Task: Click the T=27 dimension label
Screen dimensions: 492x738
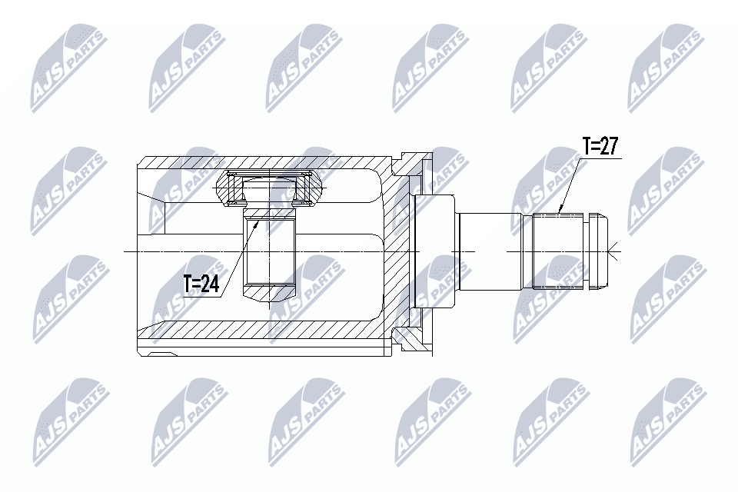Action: click(x=600, y=146)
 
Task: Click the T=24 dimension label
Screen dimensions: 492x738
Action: click(x=201, y=284)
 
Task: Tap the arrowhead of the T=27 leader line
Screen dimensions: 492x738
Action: click(x=560, y=211)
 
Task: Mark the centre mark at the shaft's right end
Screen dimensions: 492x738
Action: click(x=612, y=251)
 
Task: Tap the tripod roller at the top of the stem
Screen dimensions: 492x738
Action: click(x=270, y=188)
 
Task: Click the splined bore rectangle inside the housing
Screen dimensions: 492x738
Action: click(x=270, y=251)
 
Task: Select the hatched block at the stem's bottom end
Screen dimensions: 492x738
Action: click(x=270, y=291)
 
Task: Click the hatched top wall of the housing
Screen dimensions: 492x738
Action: click(x=261, y=162)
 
